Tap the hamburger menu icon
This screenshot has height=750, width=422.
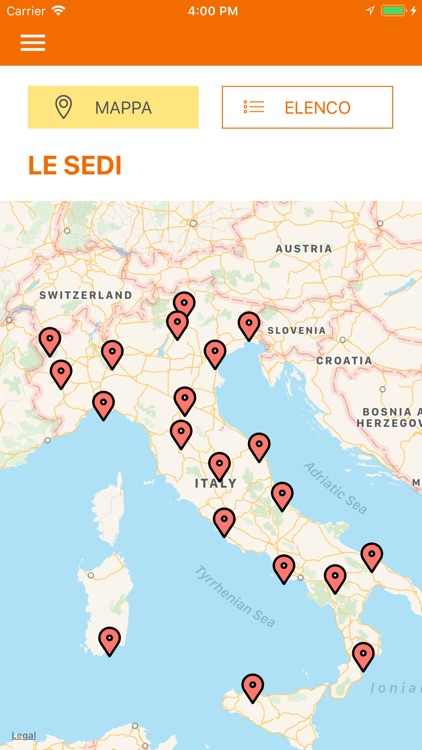[33, 43]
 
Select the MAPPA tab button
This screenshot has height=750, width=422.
[113, 107]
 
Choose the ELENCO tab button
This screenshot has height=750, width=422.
[307, 107]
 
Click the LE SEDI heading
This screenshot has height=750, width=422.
[75, 166]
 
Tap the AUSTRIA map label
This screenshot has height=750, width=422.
[303, 248]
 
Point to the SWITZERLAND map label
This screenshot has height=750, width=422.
[86, 295]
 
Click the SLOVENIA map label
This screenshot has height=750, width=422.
[296, 330]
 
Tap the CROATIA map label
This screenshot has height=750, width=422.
[344, 360]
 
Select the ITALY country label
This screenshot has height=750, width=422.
[215, 483]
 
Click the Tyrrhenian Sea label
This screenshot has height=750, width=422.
[235, 597]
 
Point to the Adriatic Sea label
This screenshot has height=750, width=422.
[336, 488]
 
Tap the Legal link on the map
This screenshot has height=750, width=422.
[23, 736]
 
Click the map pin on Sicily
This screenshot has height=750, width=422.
[253, 686]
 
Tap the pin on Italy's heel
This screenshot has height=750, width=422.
[372, 556]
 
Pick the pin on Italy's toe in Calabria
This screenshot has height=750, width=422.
[363, 655]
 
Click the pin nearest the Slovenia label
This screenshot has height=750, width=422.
[249, 325]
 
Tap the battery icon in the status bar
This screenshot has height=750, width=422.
[394, 11]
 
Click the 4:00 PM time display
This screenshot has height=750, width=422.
[211, 11]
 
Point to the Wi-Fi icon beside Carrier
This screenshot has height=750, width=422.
[58, 11]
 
